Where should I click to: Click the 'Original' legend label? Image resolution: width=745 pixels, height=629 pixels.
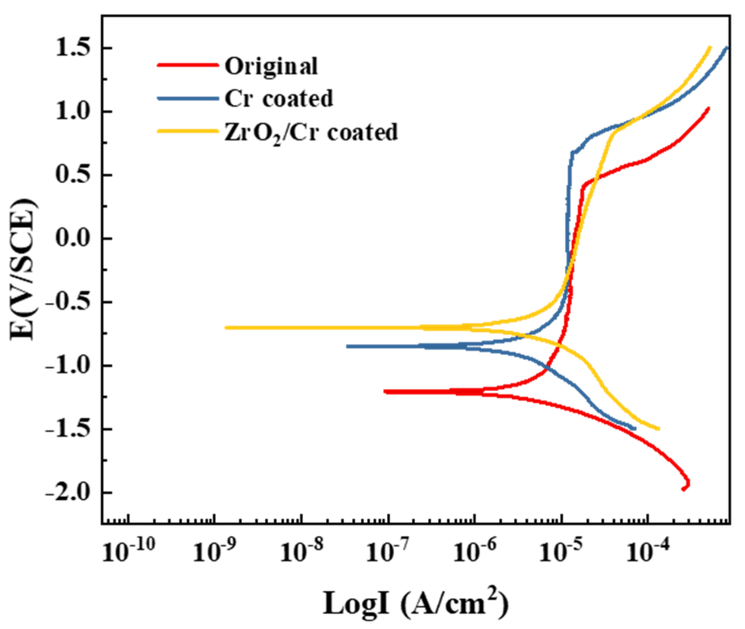coord(271,67)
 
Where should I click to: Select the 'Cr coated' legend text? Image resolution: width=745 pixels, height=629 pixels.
coord(279,99)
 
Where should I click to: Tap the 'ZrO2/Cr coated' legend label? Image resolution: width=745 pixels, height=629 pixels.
coord(311,133)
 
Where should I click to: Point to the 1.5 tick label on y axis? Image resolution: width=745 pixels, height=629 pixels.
coord(72,48)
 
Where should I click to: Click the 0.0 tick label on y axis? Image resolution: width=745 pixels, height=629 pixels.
coord(72,238)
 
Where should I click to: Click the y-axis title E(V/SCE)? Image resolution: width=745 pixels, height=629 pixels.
coord(23,269)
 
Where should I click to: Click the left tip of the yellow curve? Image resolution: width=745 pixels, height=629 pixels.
coord(226,327)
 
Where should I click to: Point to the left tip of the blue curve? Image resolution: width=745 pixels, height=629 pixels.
coord(348,346)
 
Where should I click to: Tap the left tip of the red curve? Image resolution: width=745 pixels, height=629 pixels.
coord(385,392)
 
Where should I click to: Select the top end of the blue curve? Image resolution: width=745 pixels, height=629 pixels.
coord(727,47)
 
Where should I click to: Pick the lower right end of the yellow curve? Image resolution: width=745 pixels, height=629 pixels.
coord(659,429)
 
